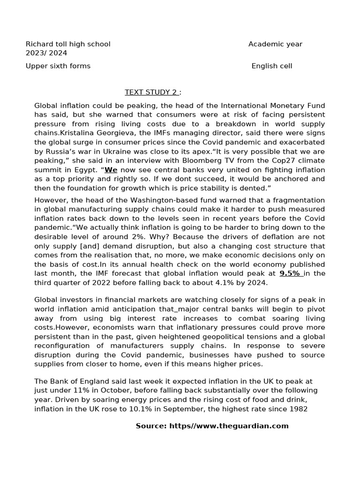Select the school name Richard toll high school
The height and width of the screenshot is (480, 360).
coord(68,44)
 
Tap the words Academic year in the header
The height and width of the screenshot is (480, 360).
coord(275,44)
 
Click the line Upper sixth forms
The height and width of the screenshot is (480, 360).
coord(58,66)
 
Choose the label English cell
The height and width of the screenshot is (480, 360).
coord(272,66)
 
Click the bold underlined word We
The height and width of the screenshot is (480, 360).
coord(111,170)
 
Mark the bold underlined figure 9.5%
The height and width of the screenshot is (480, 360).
coord(291,273)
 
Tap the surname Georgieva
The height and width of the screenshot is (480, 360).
coord(94,133)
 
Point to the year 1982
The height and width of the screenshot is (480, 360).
coord(298,409)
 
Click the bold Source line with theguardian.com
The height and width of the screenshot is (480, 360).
coord(212,426)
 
